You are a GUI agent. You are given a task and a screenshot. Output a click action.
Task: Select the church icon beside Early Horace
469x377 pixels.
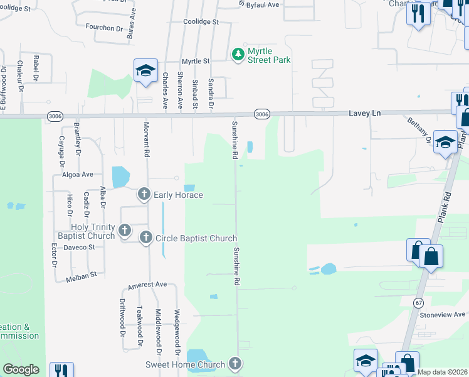click(x=144, y=195)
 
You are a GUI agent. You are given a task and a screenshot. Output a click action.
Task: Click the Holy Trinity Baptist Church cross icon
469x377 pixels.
click(x=124, y=231)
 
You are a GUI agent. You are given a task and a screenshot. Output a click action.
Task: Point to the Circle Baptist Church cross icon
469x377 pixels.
click(x=146, y=238)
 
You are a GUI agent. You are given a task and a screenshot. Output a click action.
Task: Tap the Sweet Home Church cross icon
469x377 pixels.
click(x=234, y=364)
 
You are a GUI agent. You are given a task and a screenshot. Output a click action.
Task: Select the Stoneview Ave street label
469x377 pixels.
click(x=443, y=314)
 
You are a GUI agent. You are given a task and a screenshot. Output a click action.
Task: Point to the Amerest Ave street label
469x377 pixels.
click(x=147, y=285)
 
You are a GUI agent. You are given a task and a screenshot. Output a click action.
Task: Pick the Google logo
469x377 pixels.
click(x=21, y=369)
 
